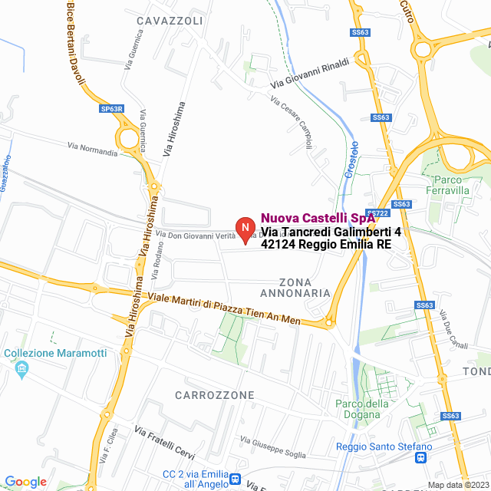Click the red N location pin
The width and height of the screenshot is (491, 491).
244,229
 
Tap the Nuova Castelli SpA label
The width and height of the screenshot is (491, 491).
318,218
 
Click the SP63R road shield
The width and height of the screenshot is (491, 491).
111,109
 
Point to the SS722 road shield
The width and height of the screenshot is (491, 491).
376,213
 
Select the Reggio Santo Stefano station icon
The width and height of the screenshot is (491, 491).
420,459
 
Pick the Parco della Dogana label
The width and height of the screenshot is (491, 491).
362,410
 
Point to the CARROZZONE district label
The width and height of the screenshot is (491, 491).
214,395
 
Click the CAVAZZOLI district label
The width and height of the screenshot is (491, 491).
170,20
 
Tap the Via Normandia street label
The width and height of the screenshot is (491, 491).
93,149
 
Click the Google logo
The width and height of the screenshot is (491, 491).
25,482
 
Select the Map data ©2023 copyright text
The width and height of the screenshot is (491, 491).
457,485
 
